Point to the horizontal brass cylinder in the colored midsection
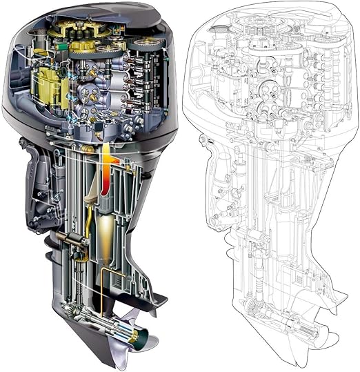pos(72,238)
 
